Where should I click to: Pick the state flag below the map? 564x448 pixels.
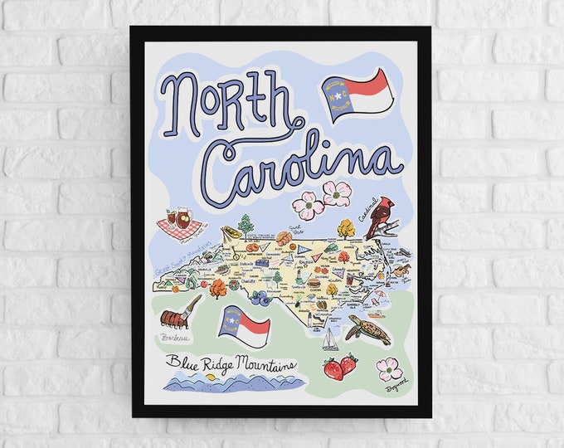[243, 325]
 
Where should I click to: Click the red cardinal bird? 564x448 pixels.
[382, 217]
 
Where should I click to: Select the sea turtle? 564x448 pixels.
[368, 329]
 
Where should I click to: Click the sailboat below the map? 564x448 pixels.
[329, 340]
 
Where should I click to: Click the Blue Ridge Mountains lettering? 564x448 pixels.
[230, 362]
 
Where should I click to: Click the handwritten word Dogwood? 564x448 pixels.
[397, 387]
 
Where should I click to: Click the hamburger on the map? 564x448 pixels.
[314, 282]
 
